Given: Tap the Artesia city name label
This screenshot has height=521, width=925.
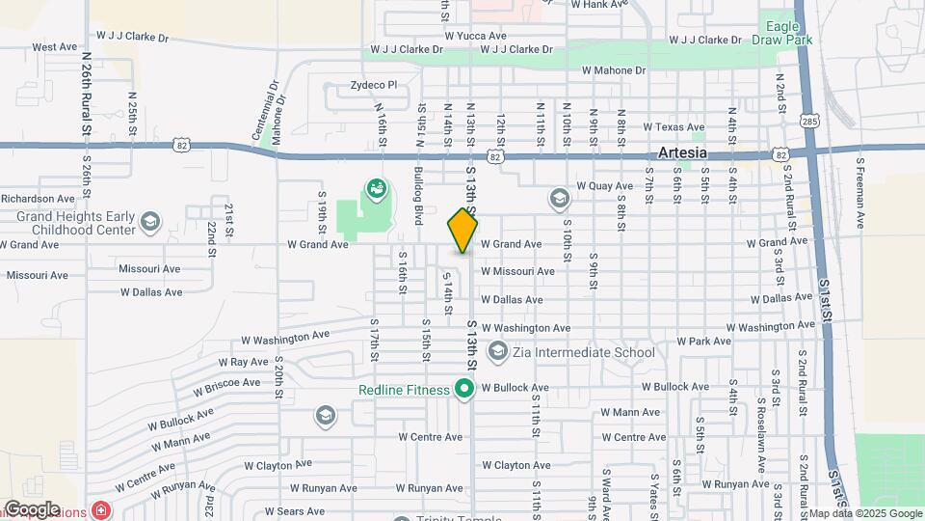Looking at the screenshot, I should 682,153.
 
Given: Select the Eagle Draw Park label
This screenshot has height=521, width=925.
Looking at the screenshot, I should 787,33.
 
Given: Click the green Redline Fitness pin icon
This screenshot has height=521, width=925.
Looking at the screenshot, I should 464,389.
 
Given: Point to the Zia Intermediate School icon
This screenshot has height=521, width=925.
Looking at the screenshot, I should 498,351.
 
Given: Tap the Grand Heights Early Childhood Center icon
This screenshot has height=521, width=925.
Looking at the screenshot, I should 148,223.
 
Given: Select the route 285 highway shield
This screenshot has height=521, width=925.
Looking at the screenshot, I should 809,121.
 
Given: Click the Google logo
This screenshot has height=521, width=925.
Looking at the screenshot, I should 32,508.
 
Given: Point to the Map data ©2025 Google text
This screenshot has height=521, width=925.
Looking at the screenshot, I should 864,513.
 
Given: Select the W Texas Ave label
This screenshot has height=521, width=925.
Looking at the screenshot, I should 674,126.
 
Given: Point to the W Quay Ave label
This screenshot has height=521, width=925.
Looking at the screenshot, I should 601,186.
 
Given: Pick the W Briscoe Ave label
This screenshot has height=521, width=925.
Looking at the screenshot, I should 226,387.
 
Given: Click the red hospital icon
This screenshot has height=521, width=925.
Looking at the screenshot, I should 101,508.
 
